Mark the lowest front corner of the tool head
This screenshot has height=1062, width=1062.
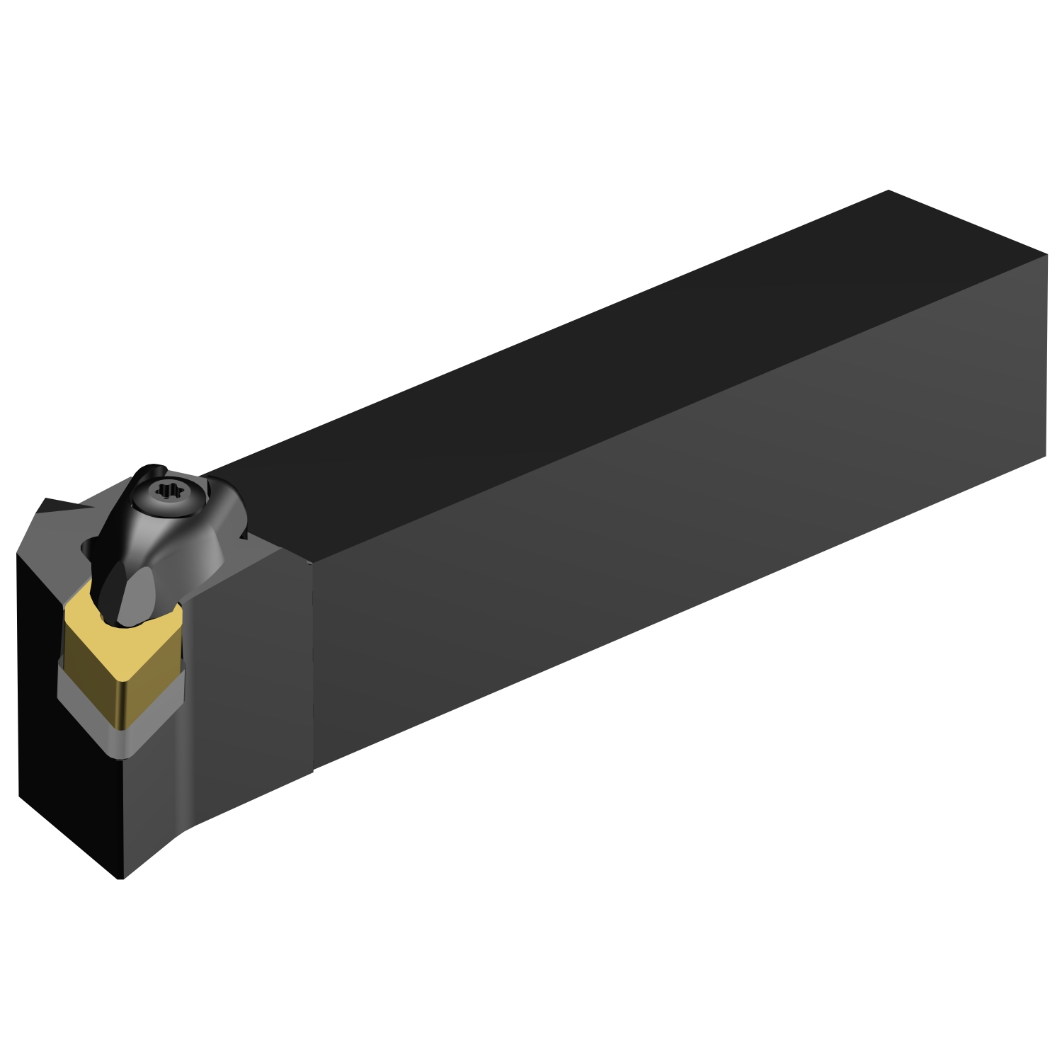click(120, 879)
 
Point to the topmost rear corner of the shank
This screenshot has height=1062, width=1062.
click(888, 190)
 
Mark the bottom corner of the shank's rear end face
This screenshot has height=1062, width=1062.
click(1046, 455)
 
